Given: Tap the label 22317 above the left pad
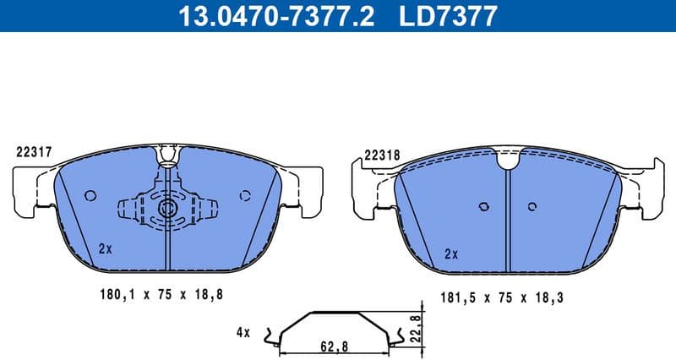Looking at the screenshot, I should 35,153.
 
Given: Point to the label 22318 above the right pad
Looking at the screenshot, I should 382,155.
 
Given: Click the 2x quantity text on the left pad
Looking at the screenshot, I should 105,248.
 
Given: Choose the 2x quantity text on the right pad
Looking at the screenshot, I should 451,253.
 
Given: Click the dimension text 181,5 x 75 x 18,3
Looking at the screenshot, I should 503,297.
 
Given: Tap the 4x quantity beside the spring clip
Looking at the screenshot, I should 243,333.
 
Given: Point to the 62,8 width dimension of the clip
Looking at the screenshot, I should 335,345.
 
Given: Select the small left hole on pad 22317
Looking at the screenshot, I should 90,195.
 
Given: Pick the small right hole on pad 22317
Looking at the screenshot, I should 245,195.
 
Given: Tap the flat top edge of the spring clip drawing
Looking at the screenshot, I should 335,314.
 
